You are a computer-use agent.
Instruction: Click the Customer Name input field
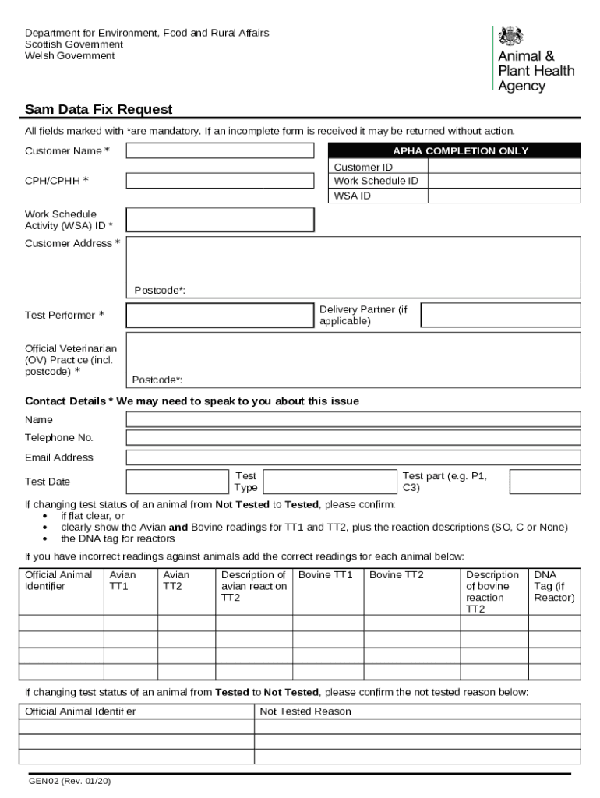(x=220, y=150)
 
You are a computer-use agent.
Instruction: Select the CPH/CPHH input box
(x=220, y=181)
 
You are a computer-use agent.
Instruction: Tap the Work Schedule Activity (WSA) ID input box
(x=220, y=220)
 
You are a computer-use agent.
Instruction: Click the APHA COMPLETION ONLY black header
(x=454, y=151)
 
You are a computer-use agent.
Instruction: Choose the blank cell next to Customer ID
(x=504, y=167)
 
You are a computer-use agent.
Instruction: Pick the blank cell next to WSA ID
(x=504, y=196)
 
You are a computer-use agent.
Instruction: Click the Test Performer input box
(x=220, y=315)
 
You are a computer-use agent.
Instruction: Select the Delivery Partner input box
(x=500, y=315)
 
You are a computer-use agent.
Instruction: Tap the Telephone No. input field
(x=353, y=438)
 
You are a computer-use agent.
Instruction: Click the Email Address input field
(x=353, y=457)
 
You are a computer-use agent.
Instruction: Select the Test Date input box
(x=176, y=482)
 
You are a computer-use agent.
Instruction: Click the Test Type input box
(x=329, y=482)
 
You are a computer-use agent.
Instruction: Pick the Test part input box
(x=545, y=482)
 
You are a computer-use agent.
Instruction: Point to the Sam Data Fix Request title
(x=98, y=109)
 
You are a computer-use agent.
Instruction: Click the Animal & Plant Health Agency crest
(x=511, y=37)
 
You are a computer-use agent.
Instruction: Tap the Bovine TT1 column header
(x=325, y=575)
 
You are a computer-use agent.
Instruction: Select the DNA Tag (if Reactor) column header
(x=554, y=586)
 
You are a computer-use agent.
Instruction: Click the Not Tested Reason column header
(x=305, y=711)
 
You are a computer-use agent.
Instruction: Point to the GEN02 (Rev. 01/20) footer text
(x=69, y=781)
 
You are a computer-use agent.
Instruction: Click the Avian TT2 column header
(x=176, y=581)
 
